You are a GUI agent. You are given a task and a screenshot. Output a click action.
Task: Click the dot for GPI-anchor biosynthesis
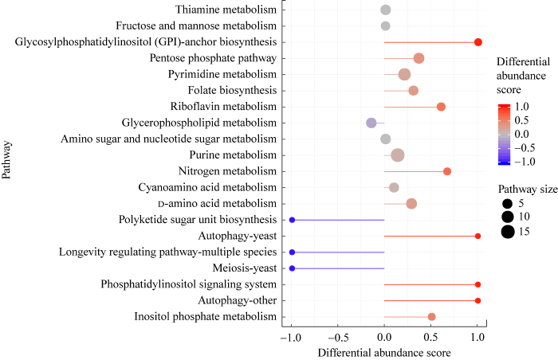pos(478,42)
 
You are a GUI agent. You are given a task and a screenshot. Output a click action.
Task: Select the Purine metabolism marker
pos(398,155)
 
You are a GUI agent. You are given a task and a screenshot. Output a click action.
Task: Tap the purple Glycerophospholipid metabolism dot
pos(371,123)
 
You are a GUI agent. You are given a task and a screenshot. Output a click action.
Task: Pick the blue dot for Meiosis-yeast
pos(292,268)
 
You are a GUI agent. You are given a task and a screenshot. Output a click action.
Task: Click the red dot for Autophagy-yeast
pos(478,237)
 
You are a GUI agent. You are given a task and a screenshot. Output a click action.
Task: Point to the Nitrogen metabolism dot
pos(447,171)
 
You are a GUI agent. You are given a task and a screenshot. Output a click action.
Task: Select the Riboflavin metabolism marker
pos(442,107)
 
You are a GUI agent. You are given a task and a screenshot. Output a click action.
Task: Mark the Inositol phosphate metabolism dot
pos(432,317)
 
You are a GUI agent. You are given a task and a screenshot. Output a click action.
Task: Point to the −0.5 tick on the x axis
pos(338,337)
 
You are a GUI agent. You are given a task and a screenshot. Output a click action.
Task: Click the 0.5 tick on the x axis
pos(431,337)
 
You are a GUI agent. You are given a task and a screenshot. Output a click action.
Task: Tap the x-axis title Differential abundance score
pos(384,351)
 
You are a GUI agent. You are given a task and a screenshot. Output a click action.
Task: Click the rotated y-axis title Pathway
pos(7,161)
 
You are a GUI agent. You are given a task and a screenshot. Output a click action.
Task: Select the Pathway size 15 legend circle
pos(507,232)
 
